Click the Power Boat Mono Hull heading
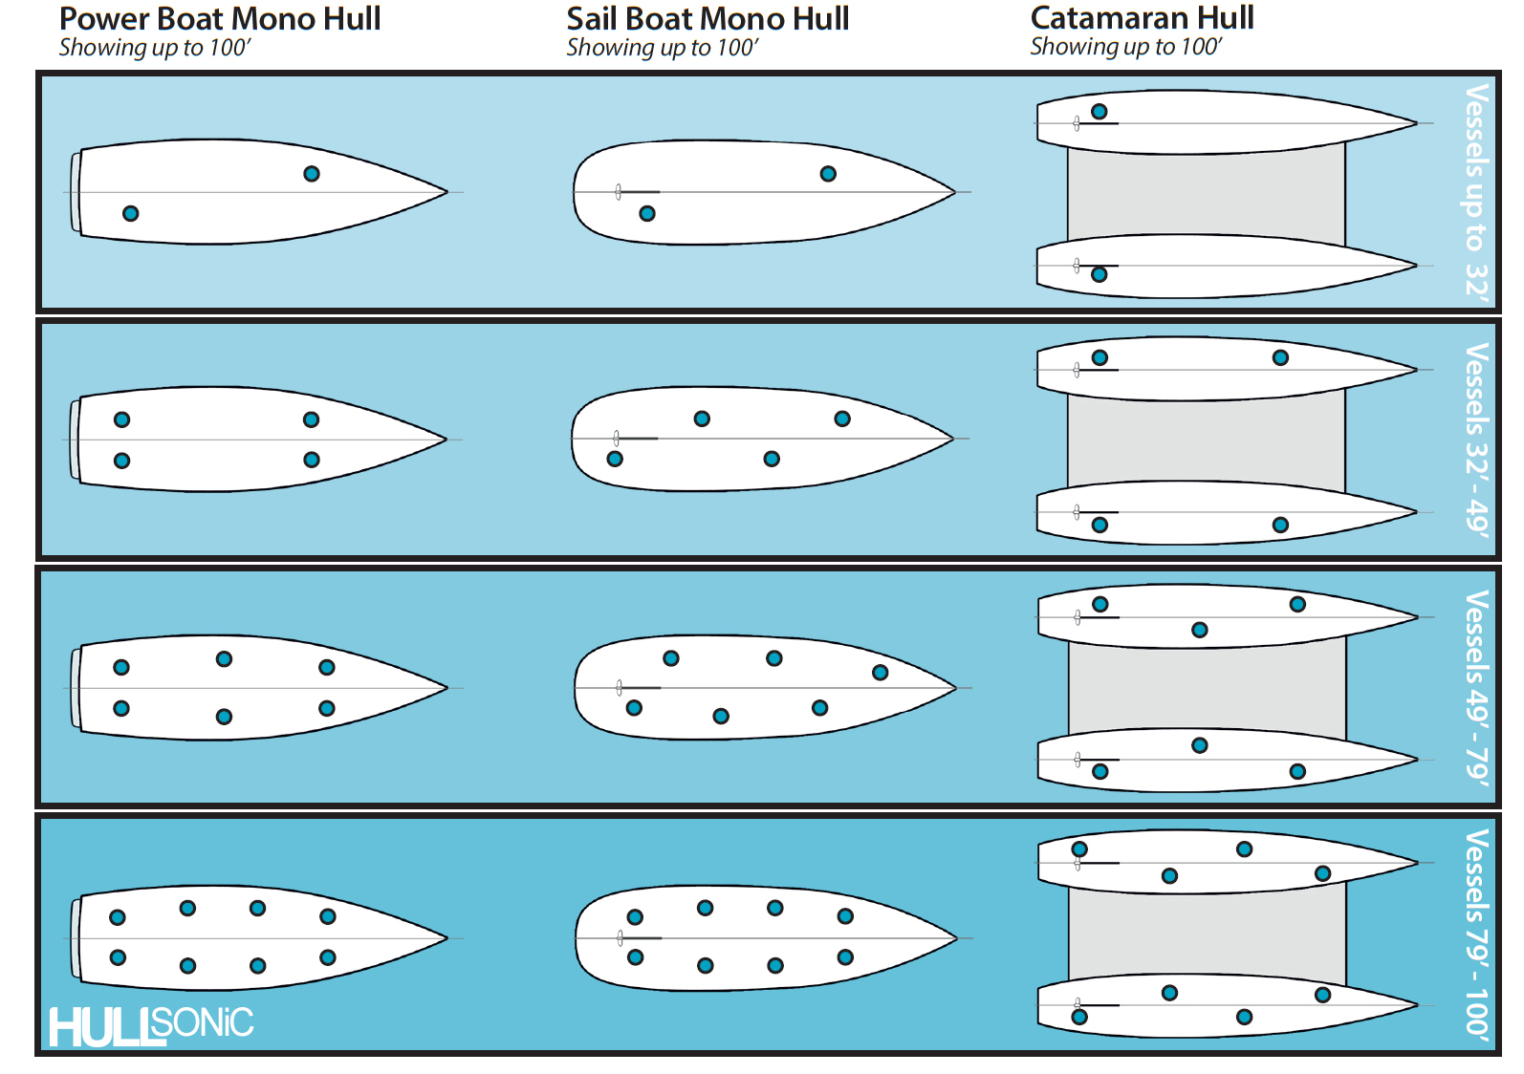pyautogui.click(x=220, y=19)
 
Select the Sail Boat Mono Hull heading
pyautogui.click(x=708, y=19)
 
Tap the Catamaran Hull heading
pyautogui.click(x=1142, y=18)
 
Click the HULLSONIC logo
pyautogui.click(x=151, y=1026)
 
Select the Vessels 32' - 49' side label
pyautogui.click(x=1477, y=440)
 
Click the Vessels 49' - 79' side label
pyautogui.click(x=1477, y=688)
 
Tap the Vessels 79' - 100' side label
pyautogui.click(x=1477, y=934)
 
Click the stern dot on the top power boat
pyautogui.click(x=131, y=213)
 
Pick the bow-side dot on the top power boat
pyautogui.click(x=312, y=174)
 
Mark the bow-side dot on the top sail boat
pyautogui.click(x=828, y=174)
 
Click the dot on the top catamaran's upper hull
pyautogui.click(x=1099, y=112)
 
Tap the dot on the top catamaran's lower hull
pyautogui.click(x=1099, y=274)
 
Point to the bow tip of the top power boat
pyautogui.click(x=446, y=192)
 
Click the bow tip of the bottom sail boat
pyautogui.click(x=955, y=938)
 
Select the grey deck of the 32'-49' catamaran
pyautogui.click(x=1205, y=440)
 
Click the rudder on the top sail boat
pyautogui.click(x=619, y=192)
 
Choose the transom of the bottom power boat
pyautogui.click(x=76, y=938)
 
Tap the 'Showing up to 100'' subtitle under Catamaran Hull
pyautogui.click(x=1125, y=47)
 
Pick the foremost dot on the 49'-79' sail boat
pyautogui.click(x=881, y=673)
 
